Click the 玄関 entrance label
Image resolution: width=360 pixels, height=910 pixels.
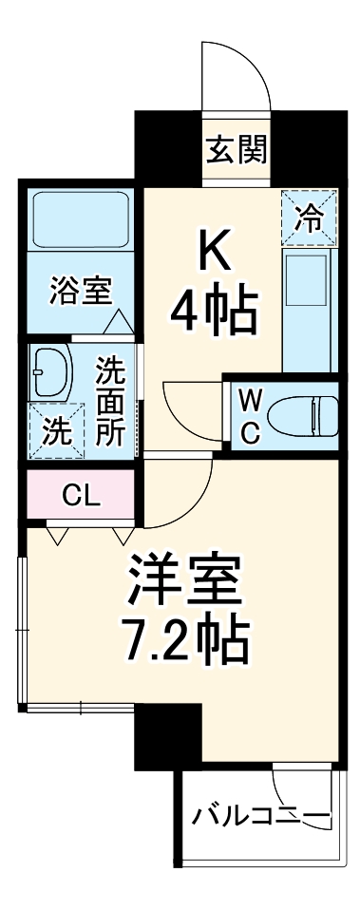point(237,149)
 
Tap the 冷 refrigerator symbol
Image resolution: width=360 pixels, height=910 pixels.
point(307,216)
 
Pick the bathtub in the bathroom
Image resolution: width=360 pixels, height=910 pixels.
point(80,220)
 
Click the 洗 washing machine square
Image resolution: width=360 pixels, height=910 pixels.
point(54,429)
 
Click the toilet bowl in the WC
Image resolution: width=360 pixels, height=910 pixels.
point(302,415)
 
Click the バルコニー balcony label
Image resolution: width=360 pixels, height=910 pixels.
point(259,815)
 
